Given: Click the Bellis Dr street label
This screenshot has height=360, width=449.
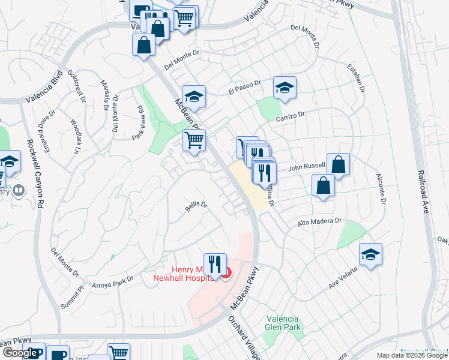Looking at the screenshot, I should (x=196, y=205).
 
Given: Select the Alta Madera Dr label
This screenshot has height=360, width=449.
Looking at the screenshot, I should (x=319, y=222).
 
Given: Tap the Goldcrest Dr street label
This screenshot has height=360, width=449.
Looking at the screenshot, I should (x=78, y=85).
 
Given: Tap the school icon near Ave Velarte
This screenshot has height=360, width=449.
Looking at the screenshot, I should (x=370, y=254).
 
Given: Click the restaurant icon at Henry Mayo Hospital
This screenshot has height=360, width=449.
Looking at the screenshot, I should (x=214, y=263).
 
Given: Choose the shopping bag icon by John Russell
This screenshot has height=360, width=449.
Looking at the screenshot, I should (x=339, y=164).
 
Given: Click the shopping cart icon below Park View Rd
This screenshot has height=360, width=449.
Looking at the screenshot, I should (x=194, y=140).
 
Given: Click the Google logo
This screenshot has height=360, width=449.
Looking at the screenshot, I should (x=20, y=353).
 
